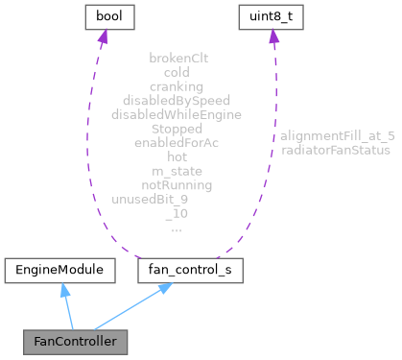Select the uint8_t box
[x=273, y=16]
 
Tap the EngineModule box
[x=59, y=272]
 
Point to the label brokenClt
[x=177, y=58]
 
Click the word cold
[x=177, y=72]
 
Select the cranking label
[x=177, y=85]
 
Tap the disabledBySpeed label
[x=177, y=100]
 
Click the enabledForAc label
[x=177, y=142]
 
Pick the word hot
[x=177, y=156]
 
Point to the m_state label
[x=177, y=170]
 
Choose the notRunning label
[x=177, y=184]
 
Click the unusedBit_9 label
[x=151, y=199]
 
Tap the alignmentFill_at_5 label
[x=337, y=135]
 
